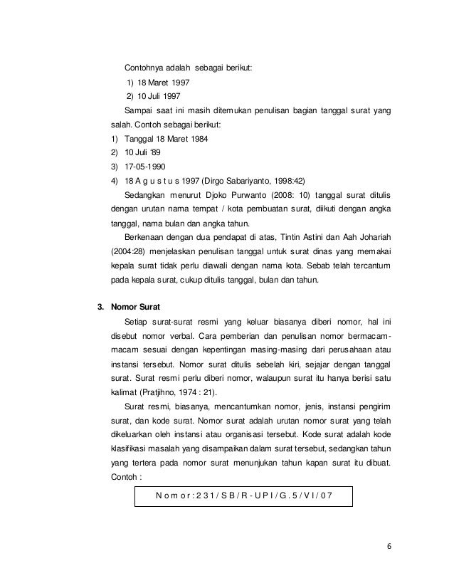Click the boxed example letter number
click(x=244, y=495)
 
